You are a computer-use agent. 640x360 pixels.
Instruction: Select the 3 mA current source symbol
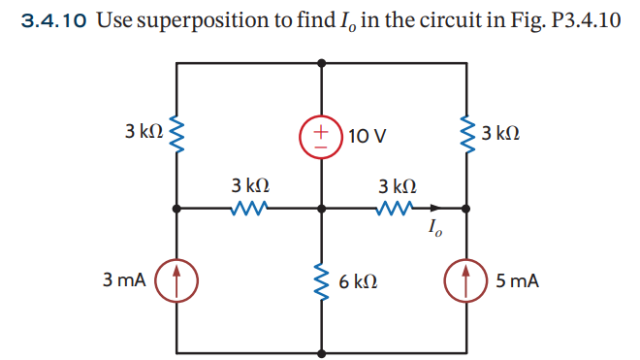(x=176, y=280)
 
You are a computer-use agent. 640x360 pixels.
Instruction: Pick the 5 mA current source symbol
(x=468, y=280)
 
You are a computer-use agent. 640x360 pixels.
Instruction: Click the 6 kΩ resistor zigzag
(x=322, y=280)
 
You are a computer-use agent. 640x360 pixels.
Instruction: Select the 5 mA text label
(x=516, y=281)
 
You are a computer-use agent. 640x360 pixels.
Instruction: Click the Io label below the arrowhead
(x=433, y=230)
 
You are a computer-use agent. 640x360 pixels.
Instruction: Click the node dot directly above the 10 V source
(x=322, y=61)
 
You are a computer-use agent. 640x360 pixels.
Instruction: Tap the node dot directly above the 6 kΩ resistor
(x=322, y=207)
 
